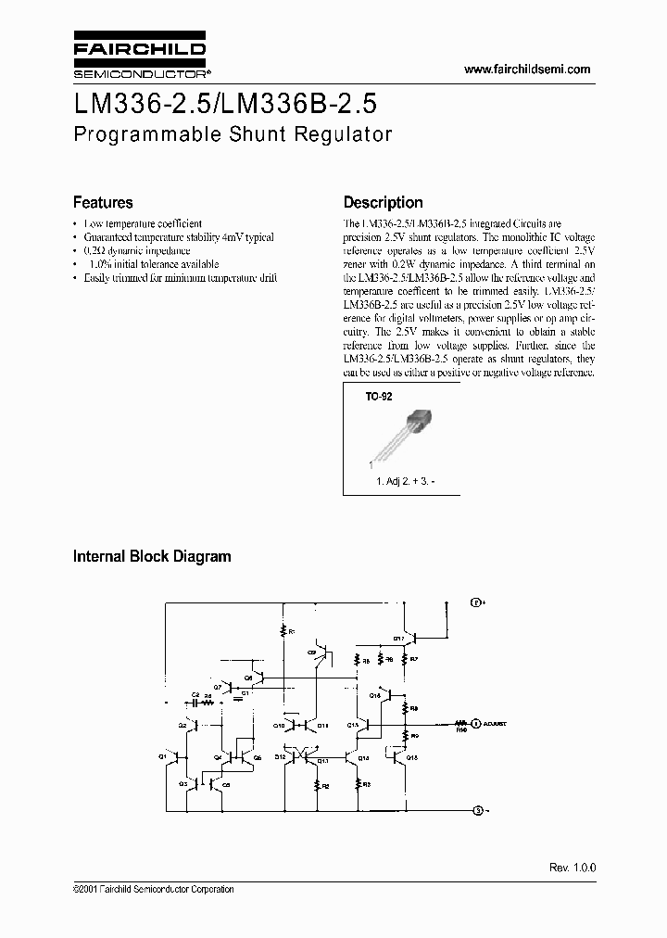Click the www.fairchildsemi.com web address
[x=525, y=70]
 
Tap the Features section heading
[x=103, y=202]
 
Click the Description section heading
[x=383, y=202]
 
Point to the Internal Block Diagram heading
[x=152, y=557]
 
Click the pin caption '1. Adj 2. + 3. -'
[x=410, y=482]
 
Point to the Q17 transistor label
[x=397, y=639]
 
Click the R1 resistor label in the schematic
[x=290, y=631]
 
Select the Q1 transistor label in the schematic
[x=163, y=755]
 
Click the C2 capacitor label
[x=195, y=694]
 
